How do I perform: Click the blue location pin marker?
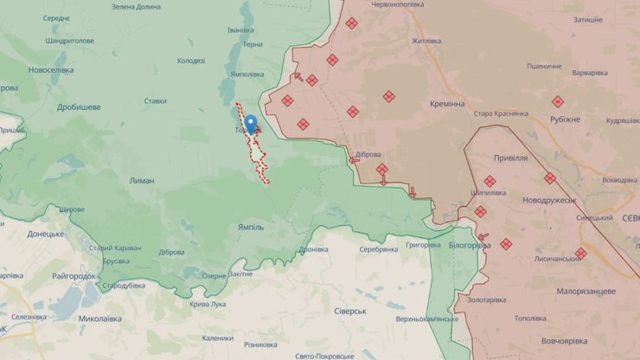pyautogui.click(x=251, y=124)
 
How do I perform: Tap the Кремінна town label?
pyautogui.click(x=447, y=103)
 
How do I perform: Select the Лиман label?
pyautogui.click(x=141, y=181)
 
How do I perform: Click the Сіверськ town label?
pyautogui.click(x=350, y=311)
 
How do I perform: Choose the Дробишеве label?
pyautogui.click(x=79, y=106)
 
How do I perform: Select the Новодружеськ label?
pyautogui.click(x=549, y=200)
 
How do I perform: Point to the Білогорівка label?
pyautogui.click(x=470, y=245)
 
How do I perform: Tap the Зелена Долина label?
pyautogui.click(x=137, y=7)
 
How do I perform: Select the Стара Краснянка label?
pyautogui.click(x=501, y=113)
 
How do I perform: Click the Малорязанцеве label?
pyautogui.click(x=586, y=291)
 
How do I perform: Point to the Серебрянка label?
pyautogui.click(x=379, y=248)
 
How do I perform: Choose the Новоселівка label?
pyautogui.click(x=50, y=69)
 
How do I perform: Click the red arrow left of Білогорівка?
pyautogui.click(x=483, y=236)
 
